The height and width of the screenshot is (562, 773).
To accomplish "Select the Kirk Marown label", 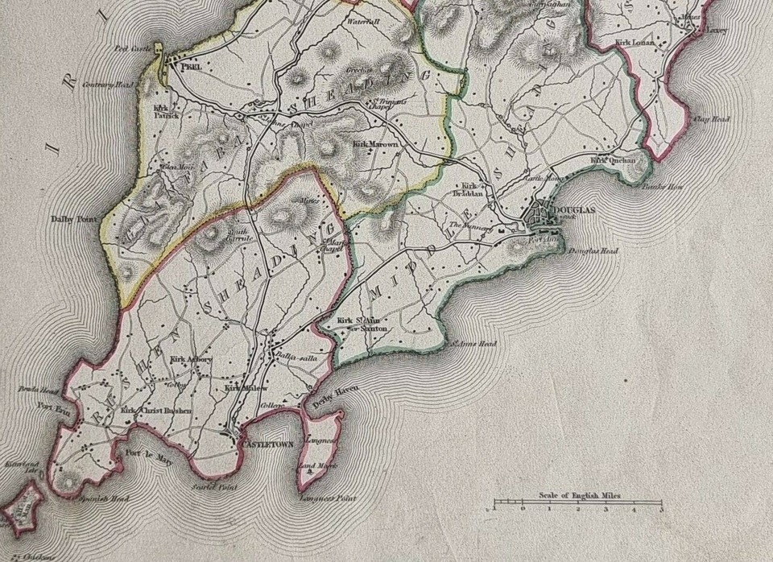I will click(375, 144).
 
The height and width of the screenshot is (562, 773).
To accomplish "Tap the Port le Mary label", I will click(144, 461).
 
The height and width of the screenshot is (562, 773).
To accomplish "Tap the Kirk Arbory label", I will click(191, 359).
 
